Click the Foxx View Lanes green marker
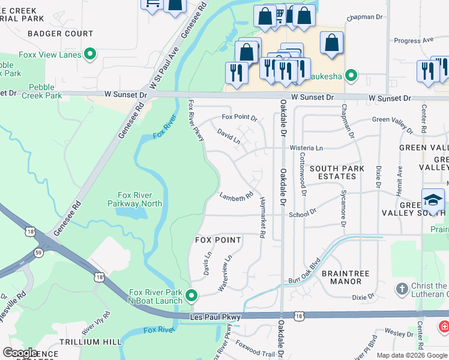91,55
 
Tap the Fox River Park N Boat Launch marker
191,295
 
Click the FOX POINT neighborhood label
218,240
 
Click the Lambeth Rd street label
236,197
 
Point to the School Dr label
303,214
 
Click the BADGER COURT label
60,34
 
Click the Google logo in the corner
20,353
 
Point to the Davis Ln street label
208,263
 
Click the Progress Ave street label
414,41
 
